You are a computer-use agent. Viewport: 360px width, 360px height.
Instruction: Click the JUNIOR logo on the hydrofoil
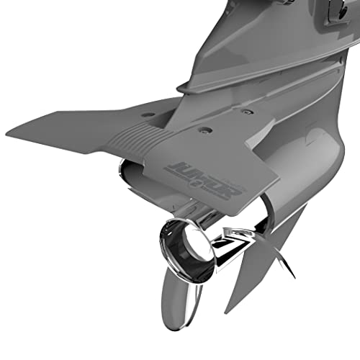188,170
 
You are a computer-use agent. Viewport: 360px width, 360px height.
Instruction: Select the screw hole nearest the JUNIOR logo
206,130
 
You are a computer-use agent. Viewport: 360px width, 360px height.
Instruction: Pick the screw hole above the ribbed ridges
148,114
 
